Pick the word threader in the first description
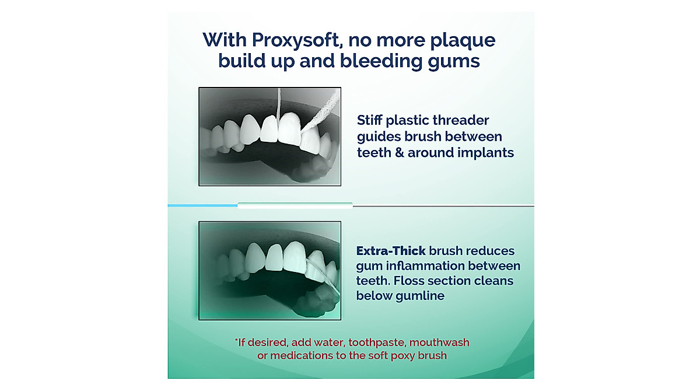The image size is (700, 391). (x=459, y=121)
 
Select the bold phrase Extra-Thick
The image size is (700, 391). (x=391, y=251)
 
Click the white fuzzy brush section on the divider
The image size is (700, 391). (x=295, y=205)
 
